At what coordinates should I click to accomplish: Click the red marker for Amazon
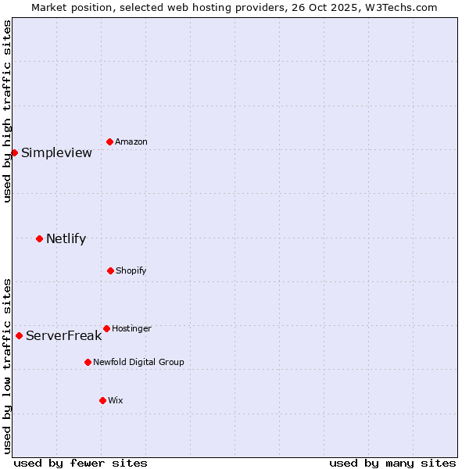click(x=109, y=141)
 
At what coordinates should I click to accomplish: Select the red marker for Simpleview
click(x=14, y=152)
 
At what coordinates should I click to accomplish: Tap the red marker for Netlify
click(x=39, y=238)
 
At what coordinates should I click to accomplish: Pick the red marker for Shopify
click(x=110, y=270)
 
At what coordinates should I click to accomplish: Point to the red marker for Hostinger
click(x=106, y=328)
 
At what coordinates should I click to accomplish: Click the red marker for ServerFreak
click(x=19, y=335)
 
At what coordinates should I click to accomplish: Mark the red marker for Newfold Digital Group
click(x=88, y=362)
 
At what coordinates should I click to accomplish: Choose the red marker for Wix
click(x=102, y=400)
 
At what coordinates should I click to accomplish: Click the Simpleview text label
click(x=56, y=152)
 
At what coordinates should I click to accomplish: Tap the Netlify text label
click(x=66, y=238)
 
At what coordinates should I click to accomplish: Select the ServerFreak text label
click(x=63, y=335)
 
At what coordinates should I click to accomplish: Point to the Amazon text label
click(x=131, y=141)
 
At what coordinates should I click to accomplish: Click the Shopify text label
click(x=131, y=270)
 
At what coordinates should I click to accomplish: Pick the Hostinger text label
click(x=131, y=328)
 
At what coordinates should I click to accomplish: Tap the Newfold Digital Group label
click(x=138, y=362)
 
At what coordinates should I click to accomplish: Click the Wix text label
click(x=115, y=400)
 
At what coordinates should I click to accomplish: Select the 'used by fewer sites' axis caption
click(x=81, y=463)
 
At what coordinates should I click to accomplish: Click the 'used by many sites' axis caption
click(x=392, y=463)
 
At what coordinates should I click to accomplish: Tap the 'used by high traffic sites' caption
click(x=7, y=111)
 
